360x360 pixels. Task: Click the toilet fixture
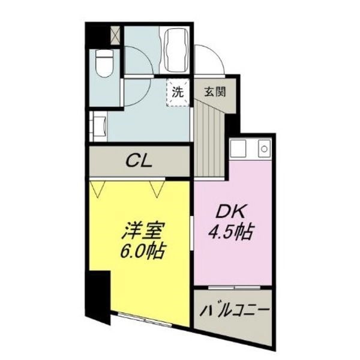[x=106, y=62]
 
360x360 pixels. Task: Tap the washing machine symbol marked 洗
[x=177, y=92]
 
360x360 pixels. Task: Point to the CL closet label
[x=140, y=161]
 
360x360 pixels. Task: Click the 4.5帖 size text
[x=230, y=231]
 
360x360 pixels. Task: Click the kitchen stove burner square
[x=238, y=148]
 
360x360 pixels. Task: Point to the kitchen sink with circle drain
[x=263, y=148]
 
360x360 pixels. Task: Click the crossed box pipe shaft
[x=115, y=34]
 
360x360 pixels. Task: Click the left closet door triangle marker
[x=99, y=188]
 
